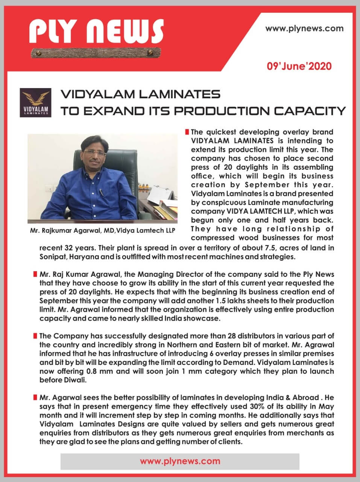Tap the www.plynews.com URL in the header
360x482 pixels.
pos(304,28)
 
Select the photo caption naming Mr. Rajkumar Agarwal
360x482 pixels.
pos(102,230)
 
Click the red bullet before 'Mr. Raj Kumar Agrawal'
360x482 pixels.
pos(35,274)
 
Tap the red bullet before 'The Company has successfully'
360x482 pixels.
pos(35,336)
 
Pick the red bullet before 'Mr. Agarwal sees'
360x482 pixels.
pos(35,398)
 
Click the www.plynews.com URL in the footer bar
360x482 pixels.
pos(180,461)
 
